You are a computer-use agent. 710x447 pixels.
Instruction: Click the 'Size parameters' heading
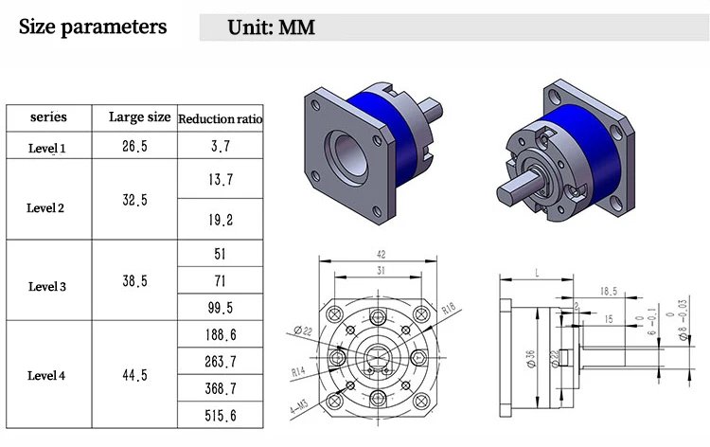(x=93, y=27)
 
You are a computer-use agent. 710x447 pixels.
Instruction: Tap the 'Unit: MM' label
(x=271, y=27)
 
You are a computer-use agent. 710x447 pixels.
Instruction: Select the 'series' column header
(x=48, y=116)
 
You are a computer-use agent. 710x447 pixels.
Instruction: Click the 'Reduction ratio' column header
(x=220, y=118)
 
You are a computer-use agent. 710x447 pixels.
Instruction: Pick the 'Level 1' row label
(x=46, y=148)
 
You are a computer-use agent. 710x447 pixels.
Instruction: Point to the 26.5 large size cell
(x=134, y=146)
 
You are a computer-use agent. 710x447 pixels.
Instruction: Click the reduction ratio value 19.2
(x=221, y=220)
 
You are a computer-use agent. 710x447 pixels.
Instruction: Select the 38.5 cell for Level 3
(x=134, y=280)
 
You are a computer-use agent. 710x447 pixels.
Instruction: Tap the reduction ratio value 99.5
(x=220, y=308)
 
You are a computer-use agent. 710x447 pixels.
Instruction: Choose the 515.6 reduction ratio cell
(x=220, y=416)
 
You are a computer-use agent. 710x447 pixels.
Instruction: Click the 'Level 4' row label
(x=46, y=375)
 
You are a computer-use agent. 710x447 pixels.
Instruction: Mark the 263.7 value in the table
(x=220, y=362)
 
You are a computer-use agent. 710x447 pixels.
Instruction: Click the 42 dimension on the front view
(x=382, y=254)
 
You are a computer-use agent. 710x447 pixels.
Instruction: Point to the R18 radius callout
(x=449, y=309)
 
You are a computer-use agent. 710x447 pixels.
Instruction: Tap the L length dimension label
(x=537, y=273)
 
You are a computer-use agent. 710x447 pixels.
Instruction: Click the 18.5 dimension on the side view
(x=609, y=291)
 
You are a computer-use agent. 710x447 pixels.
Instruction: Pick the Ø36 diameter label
(x=531, y=358)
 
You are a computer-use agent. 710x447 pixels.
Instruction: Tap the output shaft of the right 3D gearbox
(x=521, y=186)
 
